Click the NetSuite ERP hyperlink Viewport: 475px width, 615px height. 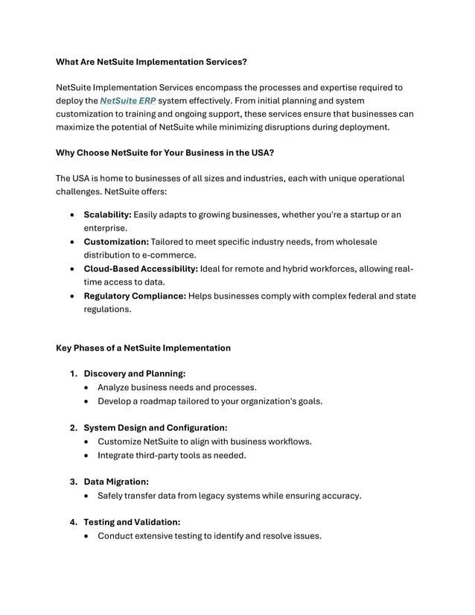pos(127,101)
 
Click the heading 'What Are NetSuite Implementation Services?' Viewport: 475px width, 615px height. pos(152,61)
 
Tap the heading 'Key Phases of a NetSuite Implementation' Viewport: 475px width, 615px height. pos(144,348)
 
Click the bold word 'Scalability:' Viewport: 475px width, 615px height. pos(107,215)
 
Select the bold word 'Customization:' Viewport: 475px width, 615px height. pos(116,242)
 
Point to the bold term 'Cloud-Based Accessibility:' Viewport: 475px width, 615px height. pos(141,269)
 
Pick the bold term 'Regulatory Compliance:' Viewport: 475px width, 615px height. pos(135,296)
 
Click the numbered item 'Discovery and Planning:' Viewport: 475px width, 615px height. pos(134,374)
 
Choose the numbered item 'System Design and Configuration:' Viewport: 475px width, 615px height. pos(155,428)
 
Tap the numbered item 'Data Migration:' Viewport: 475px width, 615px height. pos(116,482)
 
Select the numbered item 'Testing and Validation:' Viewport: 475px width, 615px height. pos(132,523)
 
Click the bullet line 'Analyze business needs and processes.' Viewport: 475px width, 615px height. pos(177,388)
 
